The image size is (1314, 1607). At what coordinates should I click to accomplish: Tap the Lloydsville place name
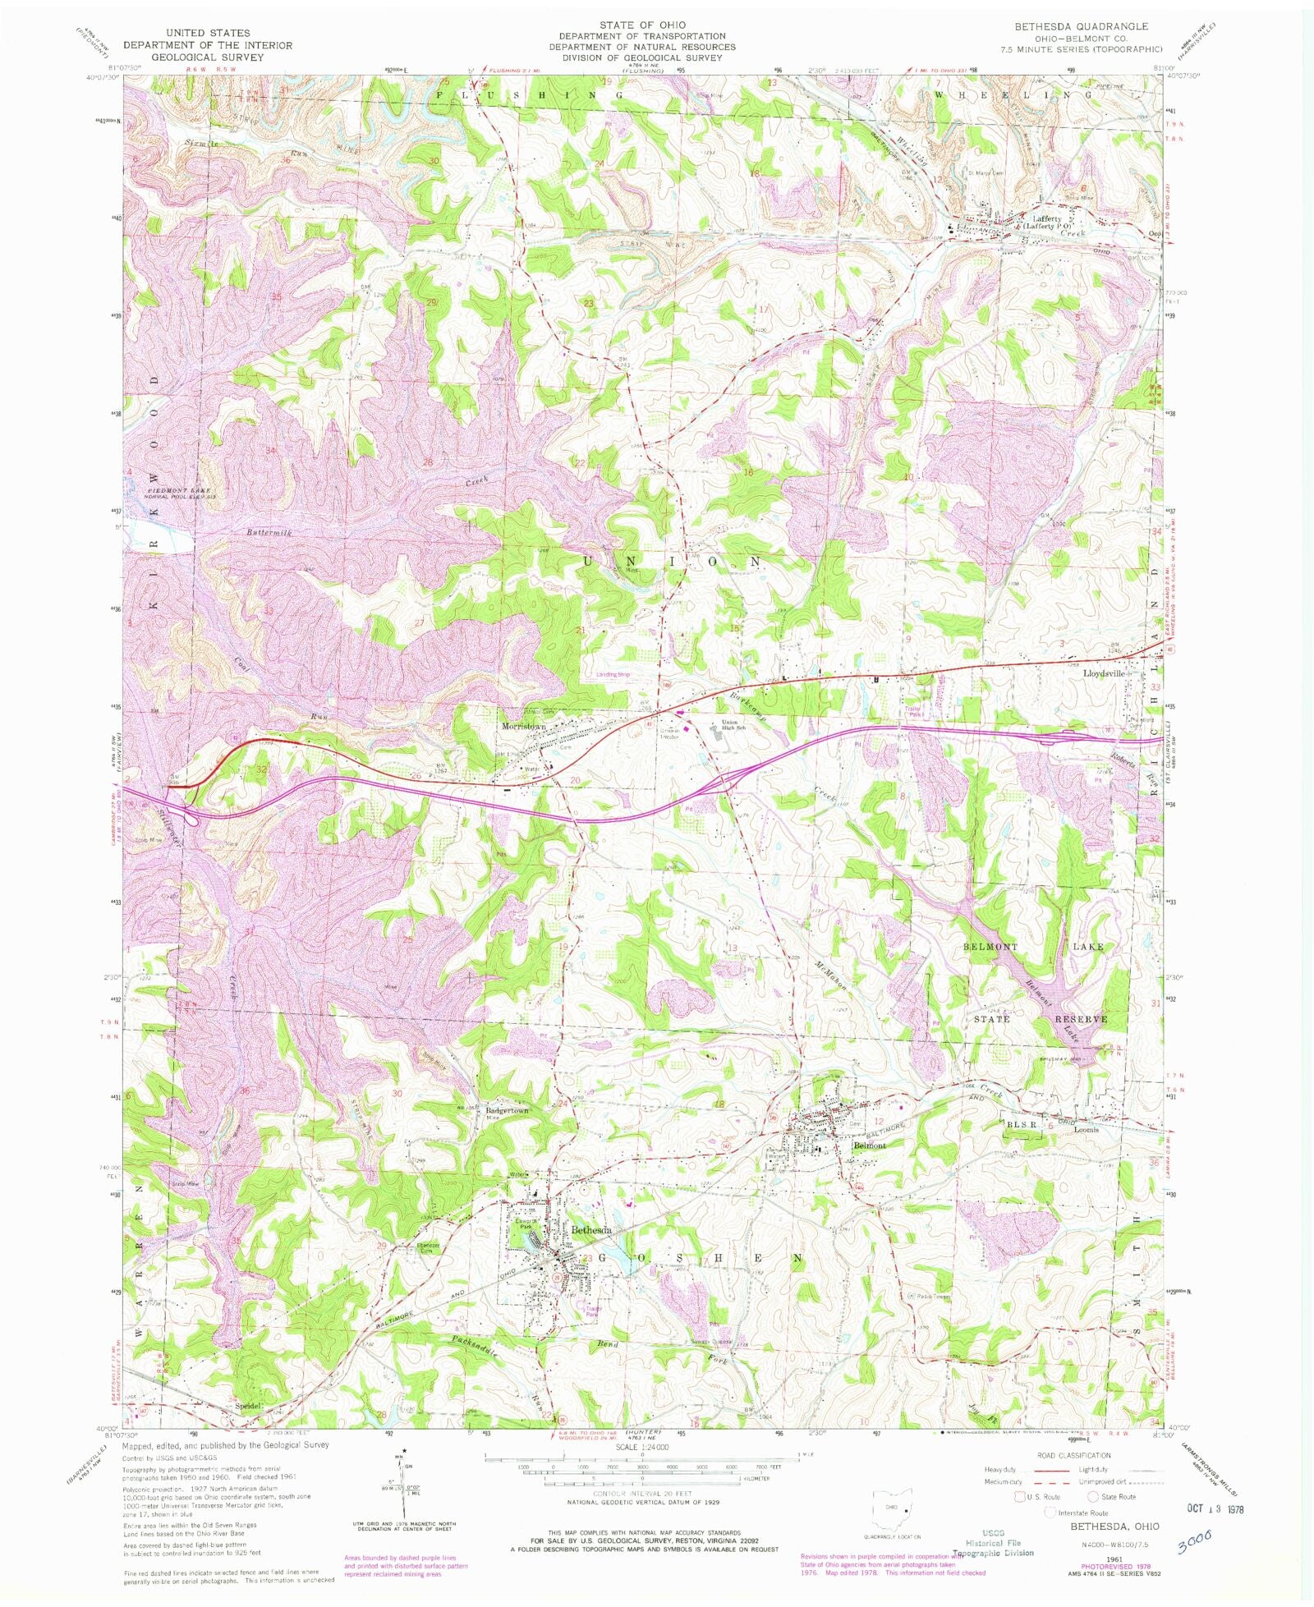pyautogui.click(x=1105, y=673)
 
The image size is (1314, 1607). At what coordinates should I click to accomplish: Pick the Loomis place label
pyautogui.click(x=1087, y=1128)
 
